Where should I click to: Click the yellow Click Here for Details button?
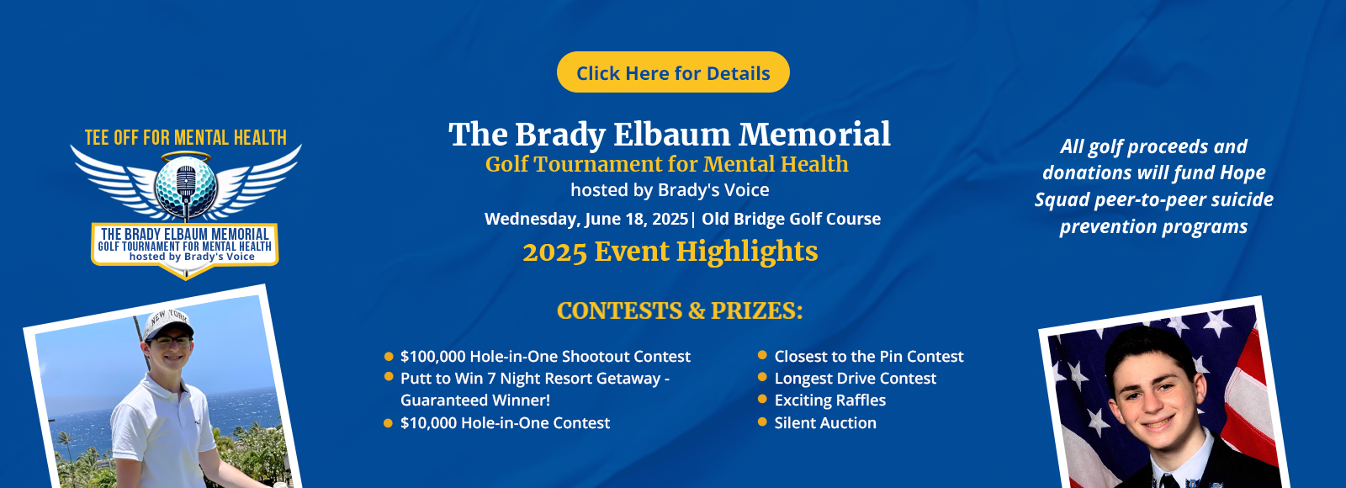click(673, 72)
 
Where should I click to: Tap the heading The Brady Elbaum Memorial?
click(670, 134)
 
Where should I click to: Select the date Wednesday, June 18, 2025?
click(586, 219)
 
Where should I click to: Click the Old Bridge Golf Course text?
click(791, 219)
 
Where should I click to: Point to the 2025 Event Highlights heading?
click(670, 252)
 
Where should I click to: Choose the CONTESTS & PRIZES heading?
click(680, 310)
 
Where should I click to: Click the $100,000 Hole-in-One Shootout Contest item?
click(546, 357)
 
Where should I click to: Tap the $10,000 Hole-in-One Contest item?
click(505, 423)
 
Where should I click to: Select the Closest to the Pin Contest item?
click(869, 357)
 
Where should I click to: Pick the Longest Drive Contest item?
click(855, 379)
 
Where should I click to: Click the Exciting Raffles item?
click(829, 400)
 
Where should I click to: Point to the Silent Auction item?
click(825, 423)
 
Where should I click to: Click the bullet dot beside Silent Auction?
click(762, 422)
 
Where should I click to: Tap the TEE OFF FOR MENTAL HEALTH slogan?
click(186, 138)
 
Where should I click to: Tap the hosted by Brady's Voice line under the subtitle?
click(670, 190)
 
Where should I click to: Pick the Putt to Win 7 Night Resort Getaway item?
click(535, 390)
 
